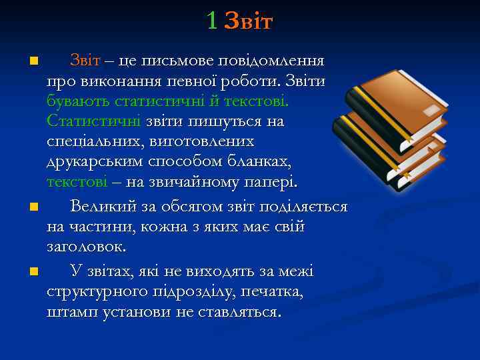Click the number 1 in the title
point(211,21)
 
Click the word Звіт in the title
point(249,21)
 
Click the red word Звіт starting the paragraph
point(85,61)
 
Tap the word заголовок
point(86,246)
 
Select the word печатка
point(274,291)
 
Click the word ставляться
point(241,311)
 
